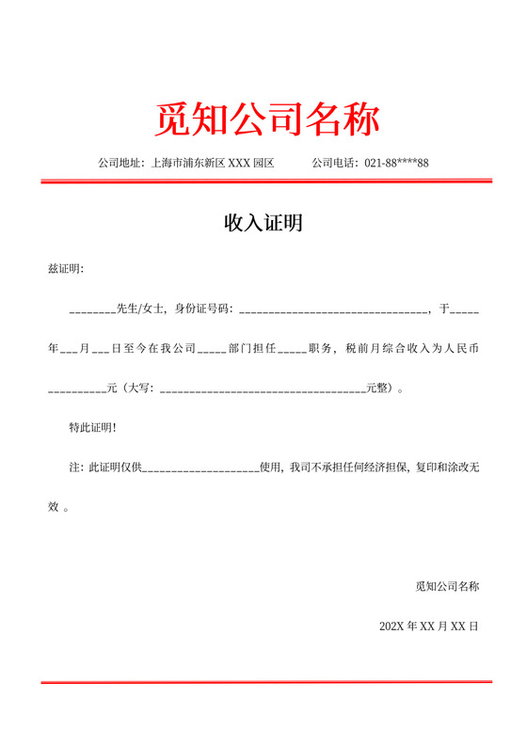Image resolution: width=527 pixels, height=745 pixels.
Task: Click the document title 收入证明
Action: pos(263,224)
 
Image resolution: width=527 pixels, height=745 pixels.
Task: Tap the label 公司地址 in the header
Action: pos(120,163)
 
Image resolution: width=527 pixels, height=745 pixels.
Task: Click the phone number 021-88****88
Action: pos(396,163)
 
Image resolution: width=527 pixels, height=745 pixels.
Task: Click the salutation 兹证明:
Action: pos(65,269)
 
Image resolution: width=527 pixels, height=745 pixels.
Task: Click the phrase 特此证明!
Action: pos(93,427)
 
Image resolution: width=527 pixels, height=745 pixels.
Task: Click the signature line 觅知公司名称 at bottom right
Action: pos(447,586)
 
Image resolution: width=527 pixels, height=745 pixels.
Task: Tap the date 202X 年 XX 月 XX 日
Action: pos(429,626)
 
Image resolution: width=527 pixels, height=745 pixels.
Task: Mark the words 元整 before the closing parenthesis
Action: pos(377,387)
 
